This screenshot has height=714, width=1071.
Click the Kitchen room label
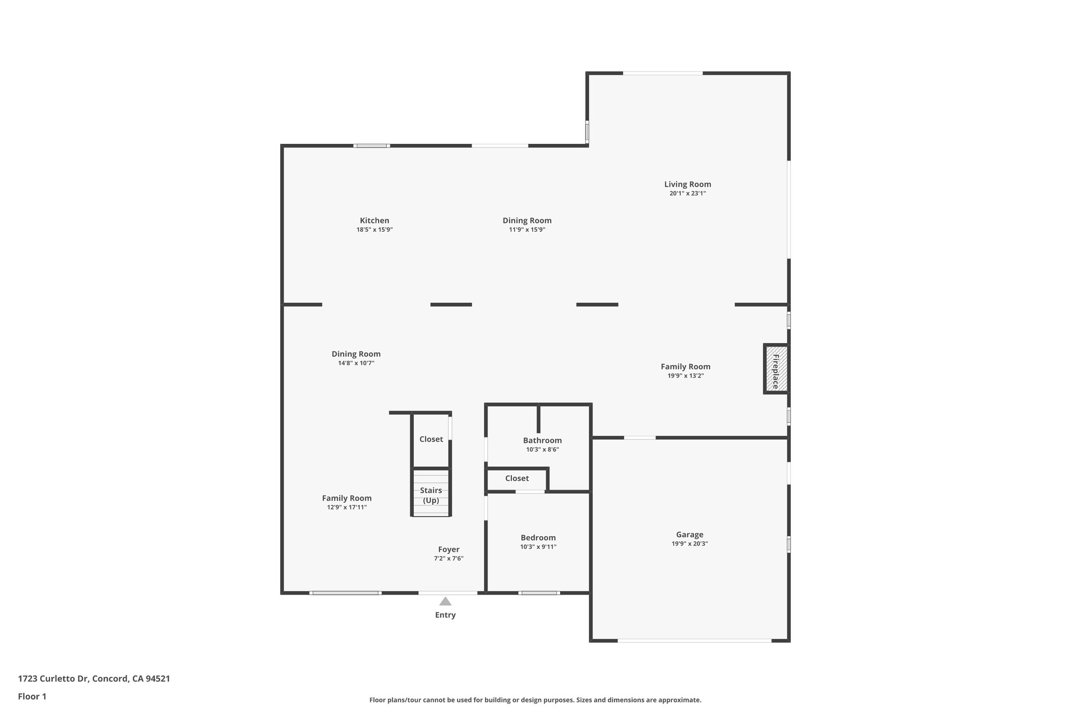click(x=374, y=221)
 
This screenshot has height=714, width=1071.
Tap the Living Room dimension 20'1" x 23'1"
click(x=687, y=194)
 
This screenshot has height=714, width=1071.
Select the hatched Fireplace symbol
click(x=776, y=369)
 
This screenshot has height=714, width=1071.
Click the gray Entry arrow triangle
click(x=445, y=602)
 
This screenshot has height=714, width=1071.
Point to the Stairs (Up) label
click(x=431, y=495)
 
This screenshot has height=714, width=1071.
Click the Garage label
click(x=689, y=535)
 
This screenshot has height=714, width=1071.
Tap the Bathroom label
click(x=542, y=440)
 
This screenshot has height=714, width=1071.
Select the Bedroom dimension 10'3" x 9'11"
click(x=538, y=547)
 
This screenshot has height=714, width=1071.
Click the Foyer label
click(x=449, y=549)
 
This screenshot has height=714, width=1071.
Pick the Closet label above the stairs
click(x=431, y=439)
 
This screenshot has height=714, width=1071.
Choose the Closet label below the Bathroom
click(x=517, y=479)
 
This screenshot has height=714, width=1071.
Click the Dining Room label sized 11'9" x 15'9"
click(x=527, y=221)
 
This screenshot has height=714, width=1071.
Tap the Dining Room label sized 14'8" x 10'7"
click(x=356, y=354)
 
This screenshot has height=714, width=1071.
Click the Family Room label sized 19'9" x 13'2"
click(x=685, y=367)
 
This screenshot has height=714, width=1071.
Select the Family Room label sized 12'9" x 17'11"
click(x=347, y=498)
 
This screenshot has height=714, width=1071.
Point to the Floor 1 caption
click(x=32, y=697)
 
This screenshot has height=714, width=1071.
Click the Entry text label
click(x=445, y=615)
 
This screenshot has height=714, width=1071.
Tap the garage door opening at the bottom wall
click(x=694, y=640)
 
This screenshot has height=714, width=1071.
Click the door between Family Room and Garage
click(x=640, y=438)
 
